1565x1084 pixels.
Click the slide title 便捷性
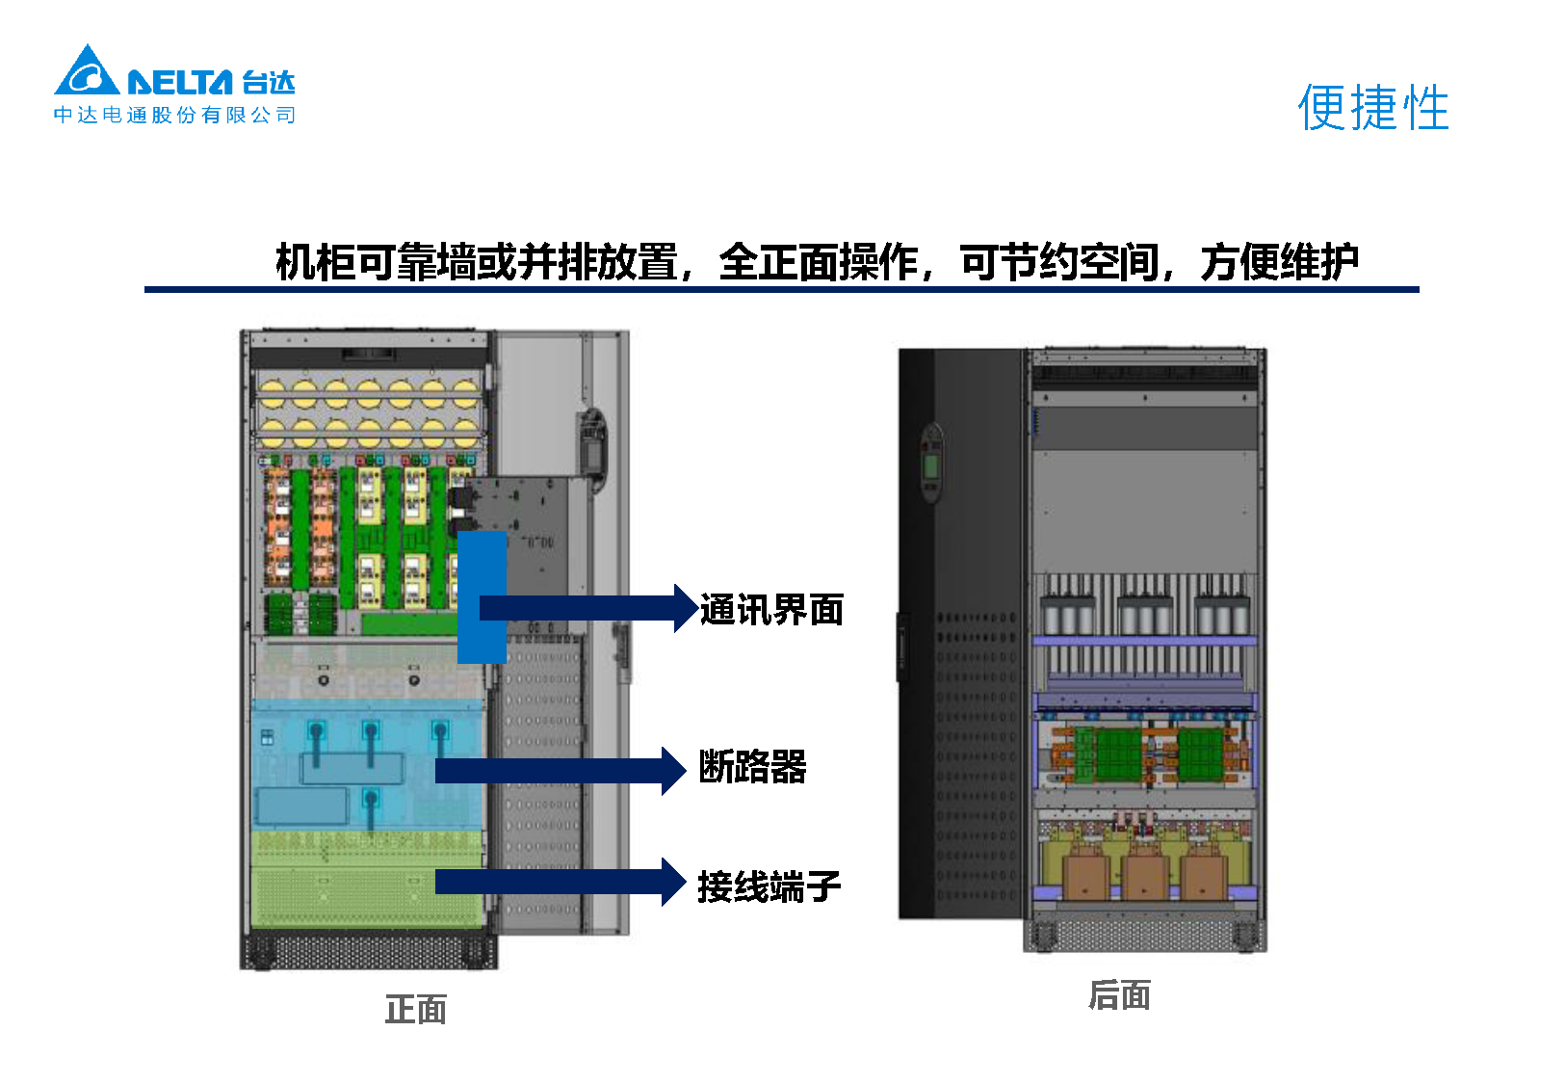click(x=1372, y=107)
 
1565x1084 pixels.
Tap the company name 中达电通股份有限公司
click(x=174, y=116)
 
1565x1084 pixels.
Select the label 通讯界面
click(x=771, y=610)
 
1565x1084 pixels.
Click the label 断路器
click(x=752, y=768)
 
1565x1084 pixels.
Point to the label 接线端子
click(x=769, y=886)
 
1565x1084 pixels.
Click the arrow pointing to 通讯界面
click(x=587, y=608)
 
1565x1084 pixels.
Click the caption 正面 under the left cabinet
click(x=415, y=1010)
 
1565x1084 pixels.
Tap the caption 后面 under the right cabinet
click(x=1119, y=995)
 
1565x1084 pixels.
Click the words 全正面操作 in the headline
click(x=818, y=262)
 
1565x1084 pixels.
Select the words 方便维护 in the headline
click(x=1279, y=262)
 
